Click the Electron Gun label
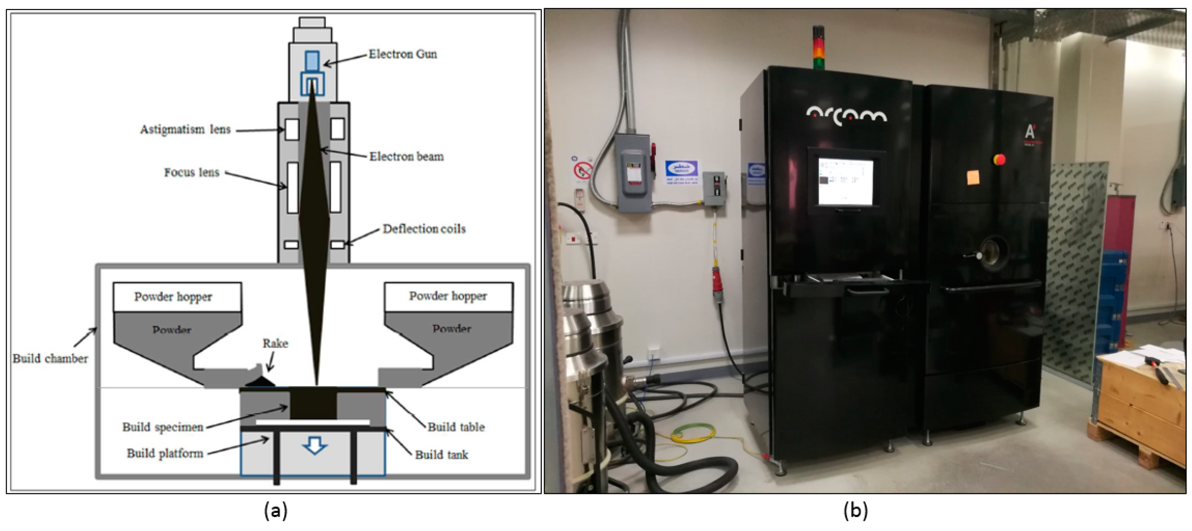(403, 54)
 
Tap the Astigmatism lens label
(185, 129)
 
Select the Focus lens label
(192, 173)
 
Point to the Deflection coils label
(424, 229)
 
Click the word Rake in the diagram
(275, 343)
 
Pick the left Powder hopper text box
(177, 297)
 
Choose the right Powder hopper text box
(448, 296)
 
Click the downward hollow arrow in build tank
(315, 446)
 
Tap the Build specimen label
(162, 427)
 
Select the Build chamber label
(50, 359)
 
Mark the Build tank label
(442, 455)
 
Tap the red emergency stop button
(999, 160)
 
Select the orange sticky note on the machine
(973, 177)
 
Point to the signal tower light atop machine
(819, 48)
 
